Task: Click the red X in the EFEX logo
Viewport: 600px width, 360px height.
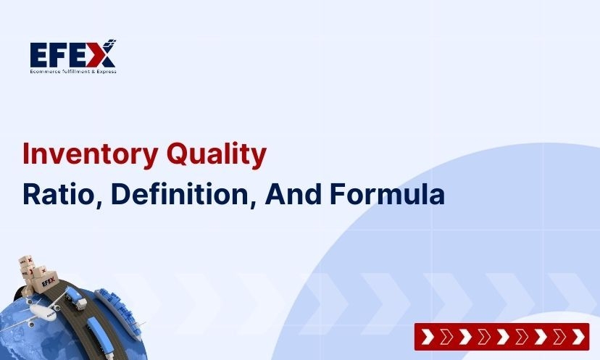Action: tap(102, 54)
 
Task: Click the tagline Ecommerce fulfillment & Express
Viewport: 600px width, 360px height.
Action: tap(72, 71)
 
